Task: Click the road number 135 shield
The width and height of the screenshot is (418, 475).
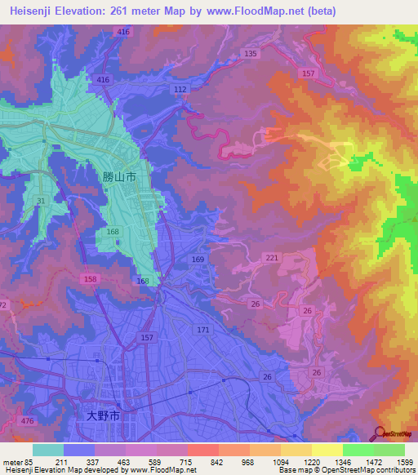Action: [x=250, y=54]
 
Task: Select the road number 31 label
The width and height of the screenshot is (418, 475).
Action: [x=41, y=201]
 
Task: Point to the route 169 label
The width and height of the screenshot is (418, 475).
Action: [x=198, y=260]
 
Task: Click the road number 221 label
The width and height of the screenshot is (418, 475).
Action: [x=272, y=258]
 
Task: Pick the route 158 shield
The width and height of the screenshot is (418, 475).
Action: [x=88, y=278]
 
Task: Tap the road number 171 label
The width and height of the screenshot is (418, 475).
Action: [x=203, y=330]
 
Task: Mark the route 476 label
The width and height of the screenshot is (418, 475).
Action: [x=27, y=421]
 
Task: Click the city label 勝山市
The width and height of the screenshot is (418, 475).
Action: [x=119, y=176]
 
